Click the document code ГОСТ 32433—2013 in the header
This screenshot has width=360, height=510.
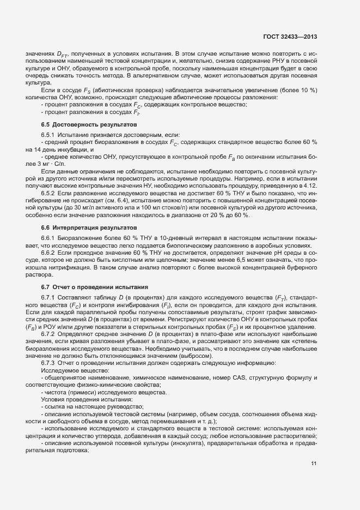290,37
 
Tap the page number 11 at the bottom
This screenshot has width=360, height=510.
314,464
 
